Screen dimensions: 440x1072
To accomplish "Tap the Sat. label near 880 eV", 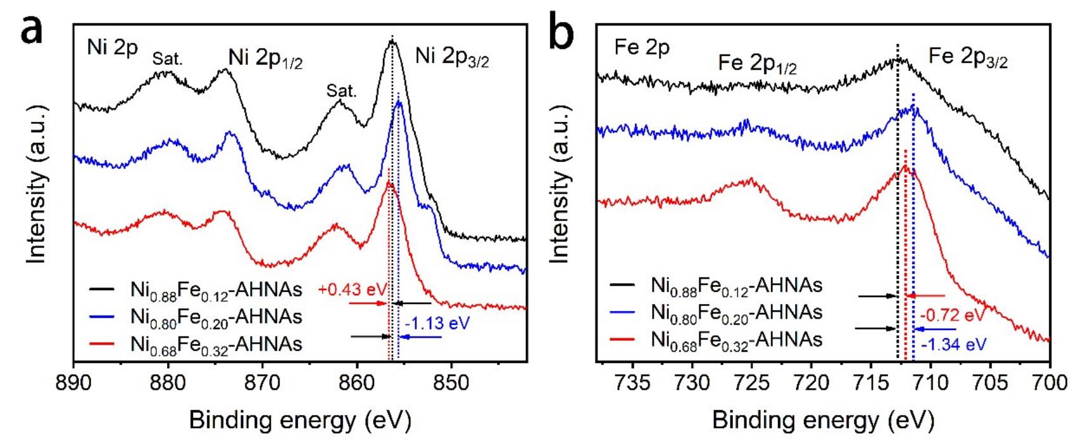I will coord(167,59).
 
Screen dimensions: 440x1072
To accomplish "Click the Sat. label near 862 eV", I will coord(342,91).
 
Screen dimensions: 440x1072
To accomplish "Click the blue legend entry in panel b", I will coord(736,312).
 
